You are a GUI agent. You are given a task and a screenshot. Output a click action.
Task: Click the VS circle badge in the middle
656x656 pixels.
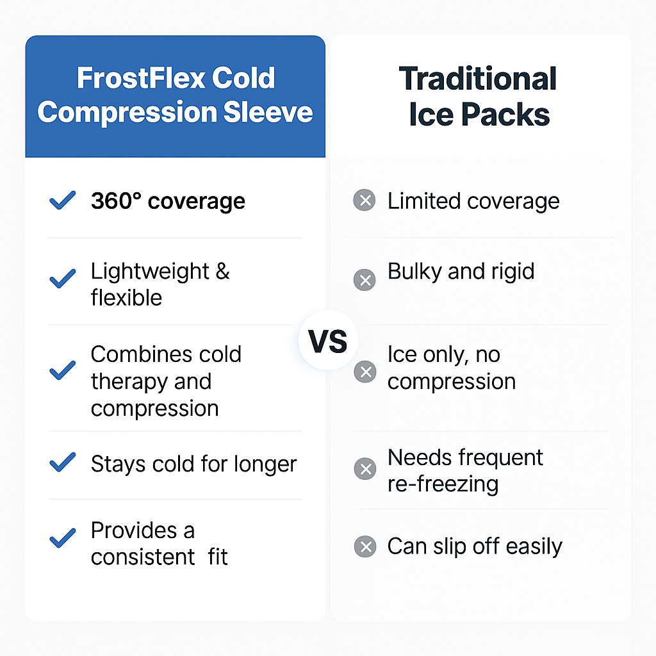pyautogui.click(x=329, y=340)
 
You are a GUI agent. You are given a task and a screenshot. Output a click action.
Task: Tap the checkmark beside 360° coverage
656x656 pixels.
pyautogui.click(x=63, y=200)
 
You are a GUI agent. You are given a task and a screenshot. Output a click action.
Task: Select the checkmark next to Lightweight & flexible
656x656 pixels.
pyautogui.click(x=63, y=279)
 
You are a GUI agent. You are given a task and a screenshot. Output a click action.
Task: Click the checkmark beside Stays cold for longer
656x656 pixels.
pyautogui.click(x=63, y=462)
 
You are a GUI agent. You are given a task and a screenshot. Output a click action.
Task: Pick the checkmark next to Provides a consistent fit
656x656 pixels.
pyautogui.click(x=63, y=538)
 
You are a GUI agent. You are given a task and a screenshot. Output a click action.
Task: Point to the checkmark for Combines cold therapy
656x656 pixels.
pyautogui.click(x=63, y=370)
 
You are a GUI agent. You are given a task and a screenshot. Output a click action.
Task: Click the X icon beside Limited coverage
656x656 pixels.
pyautogui.click(x=365, y=200)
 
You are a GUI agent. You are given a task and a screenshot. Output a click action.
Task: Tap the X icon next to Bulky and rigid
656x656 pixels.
pyautogui.click(x=365, y=280)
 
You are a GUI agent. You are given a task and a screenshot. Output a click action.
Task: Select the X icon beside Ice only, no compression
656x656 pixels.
pyautogui.click(x=365, y=372)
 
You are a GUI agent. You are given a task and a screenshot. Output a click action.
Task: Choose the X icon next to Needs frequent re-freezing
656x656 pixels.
pyautogui.click(x=365, y=468)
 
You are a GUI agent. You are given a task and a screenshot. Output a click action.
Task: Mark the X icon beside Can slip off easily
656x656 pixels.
pyautogui.click(x=365, y=546)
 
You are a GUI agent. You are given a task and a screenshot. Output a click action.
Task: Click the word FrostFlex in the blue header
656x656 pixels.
pyautogui.click(x=140, y=78)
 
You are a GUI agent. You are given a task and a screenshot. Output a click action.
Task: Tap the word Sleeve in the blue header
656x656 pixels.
pyautogui.click(x=268, y=113)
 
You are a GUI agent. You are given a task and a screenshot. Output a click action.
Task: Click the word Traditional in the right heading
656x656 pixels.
pyautogui.click(x=478, y=79)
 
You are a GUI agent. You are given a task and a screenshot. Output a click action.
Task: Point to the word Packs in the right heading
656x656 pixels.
pyautogui.click(x=506, y=114)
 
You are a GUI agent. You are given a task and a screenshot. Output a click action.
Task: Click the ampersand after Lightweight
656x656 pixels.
pyautogui.click(x=222, y=272)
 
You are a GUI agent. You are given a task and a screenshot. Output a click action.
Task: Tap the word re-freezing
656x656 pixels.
pyautogui.click(x=443, y=484)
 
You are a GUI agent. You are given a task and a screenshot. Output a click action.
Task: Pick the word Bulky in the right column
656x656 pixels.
pyautogui.click(x=414, y=272)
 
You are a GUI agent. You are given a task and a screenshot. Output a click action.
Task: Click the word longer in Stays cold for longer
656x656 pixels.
pyautogui.click(x=265, y=464)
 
